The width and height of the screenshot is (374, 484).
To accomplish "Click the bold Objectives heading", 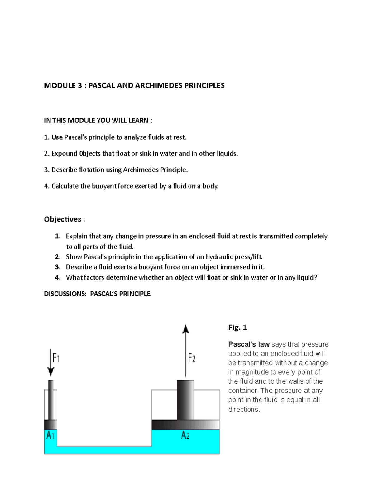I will point(63,219).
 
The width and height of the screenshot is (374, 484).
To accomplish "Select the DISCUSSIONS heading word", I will point(65,294).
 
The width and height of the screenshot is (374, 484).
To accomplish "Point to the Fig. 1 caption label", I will point(237,328).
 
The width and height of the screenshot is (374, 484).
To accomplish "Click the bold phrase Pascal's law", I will point(249,344).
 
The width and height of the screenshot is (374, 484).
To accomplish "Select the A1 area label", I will point(50,435).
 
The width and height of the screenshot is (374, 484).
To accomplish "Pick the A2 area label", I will point(185,435).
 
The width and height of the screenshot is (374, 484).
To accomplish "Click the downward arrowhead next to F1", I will point(51,371).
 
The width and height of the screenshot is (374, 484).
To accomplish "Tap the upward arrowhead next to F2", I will point(186,329).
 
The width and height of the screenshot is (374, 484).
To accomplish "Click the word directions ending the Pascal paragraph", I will point(243,410).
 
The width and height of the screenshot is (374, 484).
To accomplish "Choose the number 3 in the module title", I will point(80,86).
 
